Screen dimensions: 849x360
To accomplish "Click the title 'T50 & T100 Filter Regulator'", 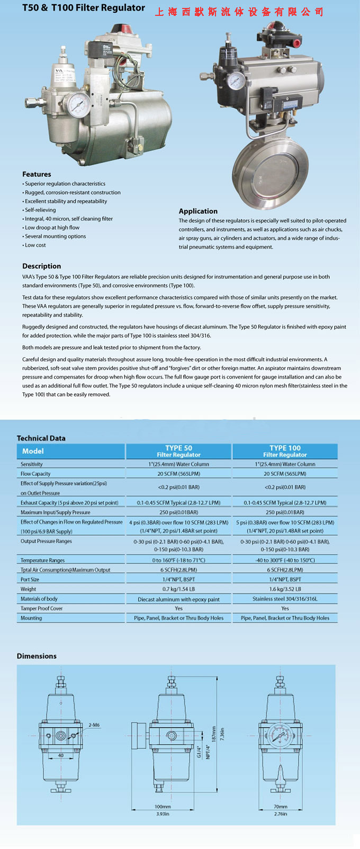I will tap(84, 8).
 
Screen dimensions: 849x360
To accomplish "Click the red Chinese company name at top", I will tap(239, 12).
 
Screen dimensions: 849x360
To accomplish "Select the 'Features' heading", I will tap(37, 174).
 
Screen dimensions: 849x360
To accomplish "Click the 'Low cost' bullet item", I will tap(35, 245).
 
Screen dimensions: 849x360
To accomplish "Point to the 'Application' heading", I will tap(198, 211).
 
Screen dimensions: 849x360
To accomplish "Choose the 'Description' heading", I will tap(41, 266).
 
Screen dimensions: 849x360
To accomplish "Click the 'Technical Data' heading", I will tap(41, 438).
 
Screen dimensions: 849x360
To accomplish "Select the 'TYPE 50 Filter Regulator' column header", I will tap(178, 451).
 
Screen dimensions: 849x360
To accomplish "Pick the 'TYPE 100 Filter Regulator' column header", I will tap(285, 451).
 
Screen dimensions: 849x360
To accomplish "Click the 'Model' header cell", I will tap(33, 451).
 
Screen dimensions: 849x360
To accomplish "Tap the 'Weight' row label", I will tap(28, 589).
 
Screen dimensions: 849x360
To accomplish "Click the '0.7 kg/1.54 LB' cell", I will tap(178, 589).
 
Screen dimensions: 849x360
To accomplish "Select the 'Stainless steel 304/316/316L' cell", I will tap(285, 599).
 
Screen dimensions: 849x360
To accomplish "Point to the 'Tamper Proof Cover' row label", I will tap(41, 608).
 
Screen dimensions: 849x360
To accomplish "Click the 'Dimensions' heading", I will tap(37, 656).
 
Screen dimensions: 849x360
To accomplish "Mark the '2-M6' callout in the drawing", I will tap(94, 725).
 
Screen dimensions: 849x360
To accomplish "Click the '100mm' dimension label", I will tap(163, 807).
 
